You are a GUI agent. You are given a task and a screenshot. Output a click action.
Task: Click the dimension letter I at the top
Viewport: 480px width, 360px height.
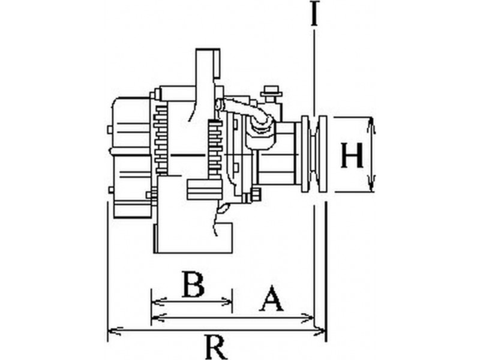click(x=313, y=14)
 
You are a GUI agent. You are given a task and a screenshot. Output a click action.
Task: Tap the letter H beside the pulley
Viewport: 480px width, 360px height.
click(x=352, y=156)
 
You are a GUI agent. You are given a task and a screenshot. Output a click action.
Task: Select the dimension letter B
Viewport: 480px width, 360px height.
click(x=193, y=284)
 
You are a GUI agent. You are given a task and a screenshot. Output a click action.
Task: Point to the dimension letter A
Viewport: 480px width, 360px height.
click(x=271, y=298)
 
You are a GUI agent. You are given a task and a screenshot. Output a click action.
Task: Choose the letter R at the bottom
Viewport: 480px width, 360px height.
click(x=215, y=347)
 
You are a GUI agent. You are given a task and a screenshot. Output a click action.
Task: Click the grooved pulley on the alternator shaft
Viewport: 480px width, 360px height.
click(x=314, y=154)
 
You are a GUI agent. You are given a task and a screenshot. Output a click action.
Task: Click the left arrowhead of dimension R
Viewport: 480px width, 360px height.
click(x=110, y=330)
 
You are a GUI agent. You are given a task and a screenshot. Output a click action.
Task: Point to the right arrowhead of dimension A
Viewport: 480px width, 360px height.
click(x=310, y=317)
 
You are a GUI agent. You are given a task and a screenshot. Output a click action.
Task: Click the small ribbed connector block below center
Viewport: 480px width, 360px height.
click(x=203, y=190)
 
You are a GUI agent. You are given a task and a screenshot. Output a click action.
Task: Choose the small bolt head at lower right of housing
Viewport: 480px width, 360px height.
click(x=256, y=194)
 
